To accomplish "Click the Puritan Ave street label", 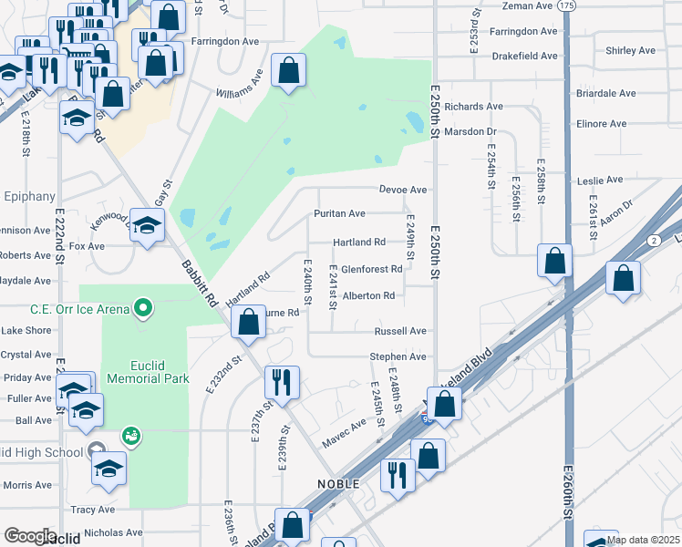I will coord(339,213).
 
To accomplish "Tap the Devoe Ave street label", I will coord(403,190).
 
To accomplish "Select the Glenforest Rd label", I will coord(371,269).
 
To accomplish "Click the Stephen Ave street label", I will coord(398,356).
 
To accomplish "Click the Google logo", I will coord(30,536).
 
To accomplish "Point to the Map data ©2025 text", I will coord(643,540).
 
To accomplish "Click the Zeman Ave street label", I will coord(529,5).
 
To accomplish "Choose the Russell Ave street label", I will coord(400,331).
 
